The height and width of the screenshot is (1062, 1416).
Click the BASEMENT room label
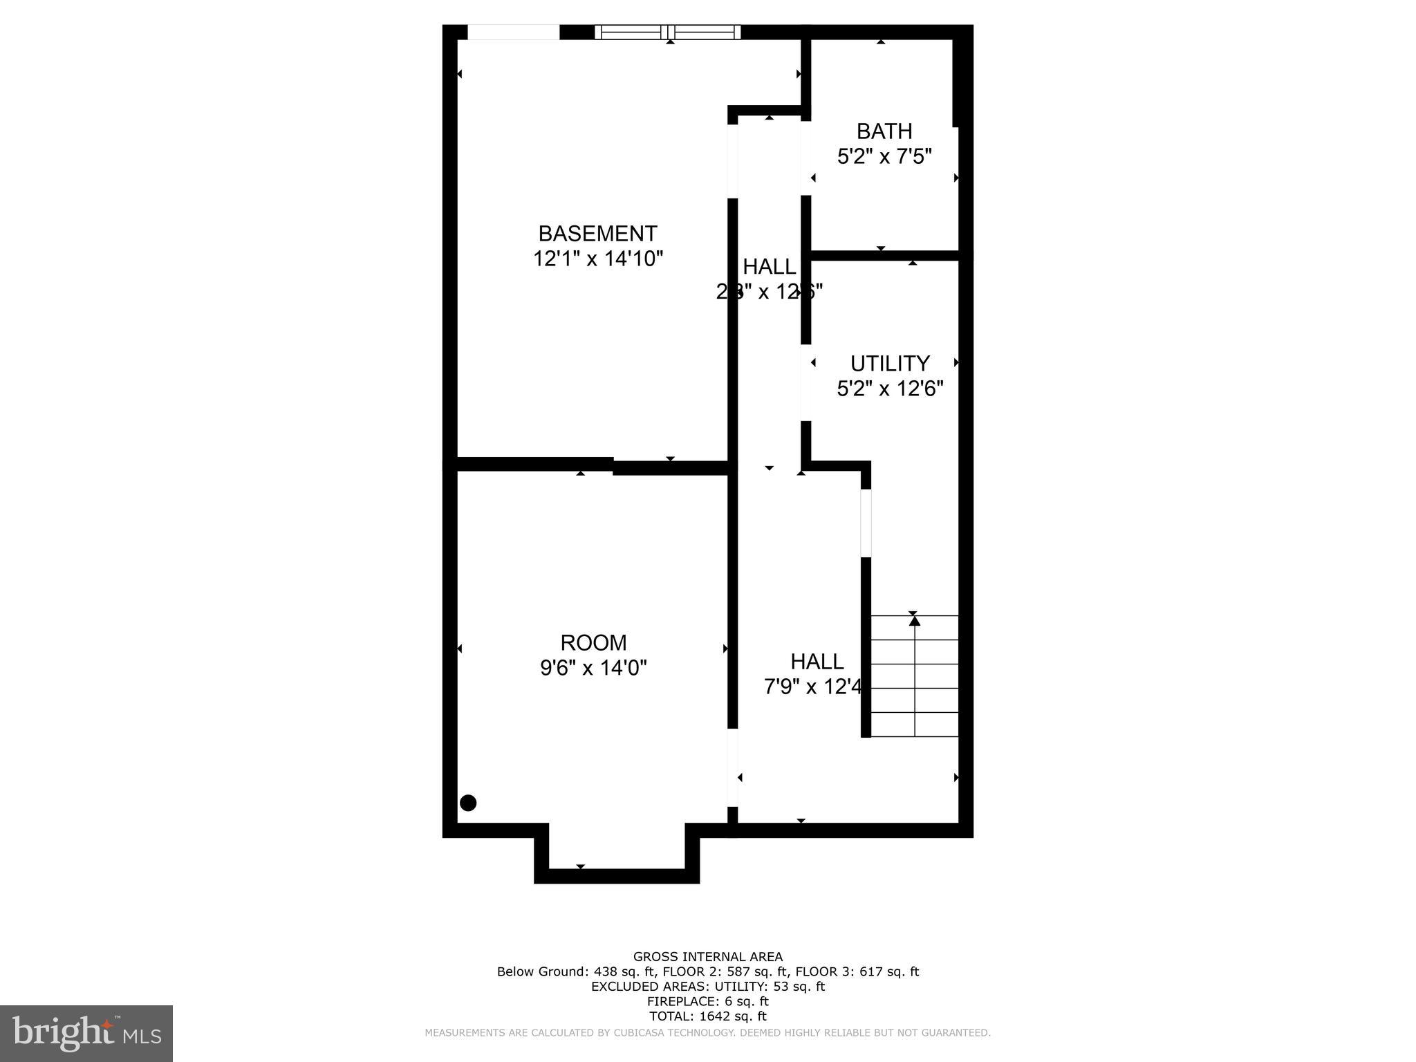597,233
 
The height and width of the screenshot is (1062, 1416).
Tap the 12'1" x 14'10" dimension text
597,259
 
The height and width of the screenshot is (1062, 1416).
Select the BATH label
884,131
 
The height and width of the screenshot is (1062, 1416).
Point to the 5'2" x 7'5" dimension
884,157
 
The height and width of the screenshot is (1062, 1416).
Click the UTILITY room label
890,363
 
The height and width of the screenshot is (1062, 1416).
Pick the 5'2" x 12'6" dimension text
890,389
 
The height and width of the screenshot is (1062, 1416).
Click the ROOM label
593,642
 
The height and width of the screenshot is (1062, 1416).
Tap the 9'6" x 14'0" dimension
593,668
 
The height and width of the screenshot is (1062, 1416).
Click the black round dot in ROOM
468,803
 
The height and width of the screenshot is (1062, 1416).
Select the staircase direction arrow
915,621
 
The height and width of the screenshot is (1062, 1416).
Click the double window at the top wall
667,32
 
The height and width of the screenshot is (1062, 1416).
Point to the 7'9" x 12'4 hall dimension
813,687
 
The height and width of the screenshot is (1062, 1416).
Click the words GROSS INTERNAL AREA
708,957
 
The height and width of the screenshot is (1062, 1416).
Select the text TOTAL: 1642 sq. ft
708,1016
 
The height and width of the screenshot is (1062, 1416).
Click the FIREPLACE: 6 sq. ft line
708,1001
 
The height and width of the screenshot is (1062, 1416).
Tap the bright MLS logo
86,1034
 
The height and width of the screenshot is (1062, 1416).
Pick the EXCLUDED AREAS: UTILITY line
708,987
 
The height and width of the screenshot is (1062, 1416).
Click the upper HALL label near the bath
769,266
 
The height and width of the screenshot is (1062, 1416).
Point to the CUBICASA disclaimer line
708,1033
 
